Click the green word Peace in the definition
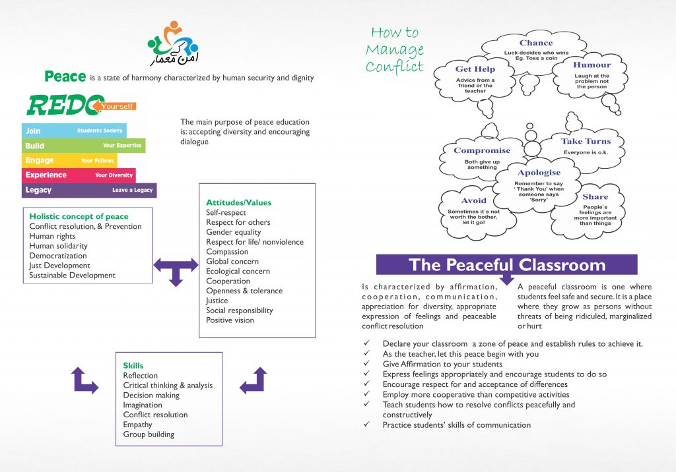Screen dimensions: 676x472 [x=65, y=76]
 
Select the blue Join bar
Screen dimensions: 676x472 [x=74, y=131]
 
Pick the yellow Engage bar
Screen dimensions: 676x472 [x=69, y=160]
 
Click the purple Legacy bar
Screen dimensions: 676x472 [x=89, y=190]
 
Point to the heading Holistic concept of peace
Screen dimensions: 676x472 [x=79, y=217]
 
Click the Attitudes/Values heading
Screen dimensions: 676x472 [x=239, y=202]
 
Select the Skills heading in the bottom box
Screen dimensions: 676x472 [x=133, y=366]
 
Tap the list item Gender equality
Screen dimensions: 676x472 [x=233, y=232]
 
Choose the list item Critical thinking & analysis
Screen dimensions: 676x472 [x=168, y=386]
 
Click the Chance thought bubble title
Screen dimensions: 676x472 [x=536, y=43]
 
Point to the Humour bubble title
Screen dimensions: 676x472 [x=592, y=65]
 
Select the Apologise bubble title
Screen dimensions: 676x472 [x=539, y=173]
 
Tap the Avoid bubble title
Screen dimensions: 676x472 [x=473, y=200]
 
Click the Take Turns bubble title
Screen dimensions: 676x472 [x=586, y=141]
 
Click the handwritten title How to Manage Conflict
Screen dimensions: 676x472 [x=395, y=49]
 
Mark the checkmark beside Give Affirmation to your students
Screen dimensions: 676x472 [x=366, y=363]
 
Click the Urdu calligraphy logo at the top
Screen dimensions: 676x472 [x=173, y=43]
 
